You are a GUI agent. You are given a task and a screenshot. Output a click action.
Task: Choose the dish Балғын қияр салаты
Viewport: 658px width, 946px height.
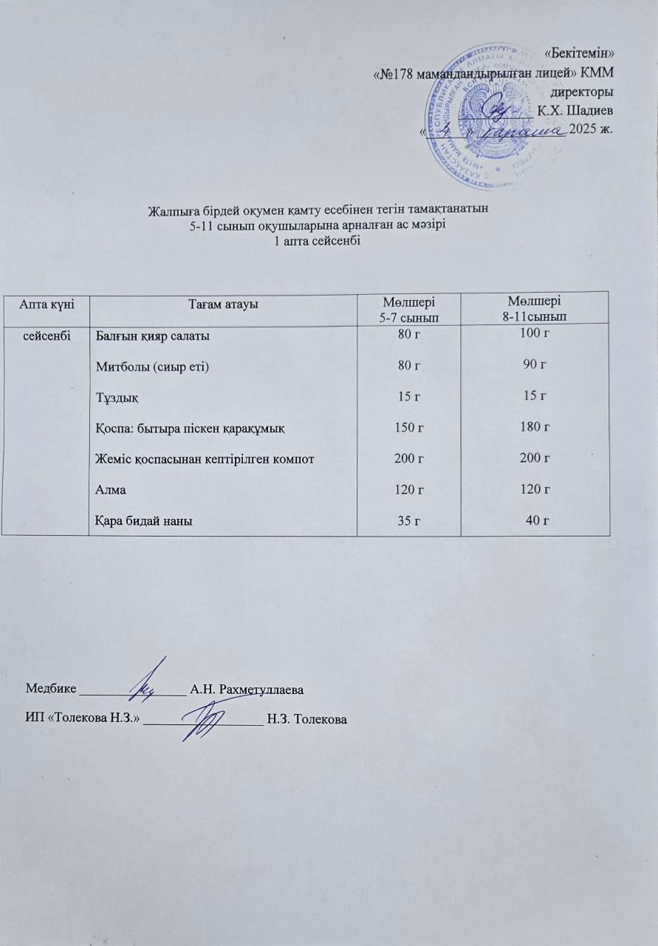coord(153,336)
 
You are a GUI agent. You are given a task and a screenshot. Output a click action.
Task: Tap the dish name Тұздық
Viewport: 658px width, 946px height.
coord(117,398)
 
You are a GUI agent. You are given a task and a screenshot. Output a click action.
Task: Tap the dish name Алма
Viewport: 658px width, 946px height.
coord(109,490)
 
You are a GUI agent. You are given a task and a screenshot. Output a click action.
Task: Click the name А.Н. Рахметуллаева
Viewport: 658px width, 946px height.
coord(247,690)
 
